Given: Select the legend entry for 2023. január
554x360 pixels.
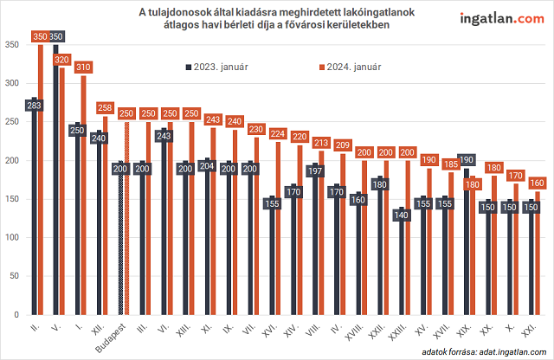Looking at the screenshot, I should click(x=216, y=67).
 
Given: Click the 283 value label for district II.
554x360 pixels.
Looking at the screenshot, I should click(x=35, y=106).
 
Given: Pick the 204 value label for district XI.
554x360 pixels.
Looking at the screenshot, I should click(x=205, y=165).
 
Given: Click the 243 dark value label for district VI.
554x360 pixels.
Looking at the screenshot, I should click(x=165, y=135).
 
